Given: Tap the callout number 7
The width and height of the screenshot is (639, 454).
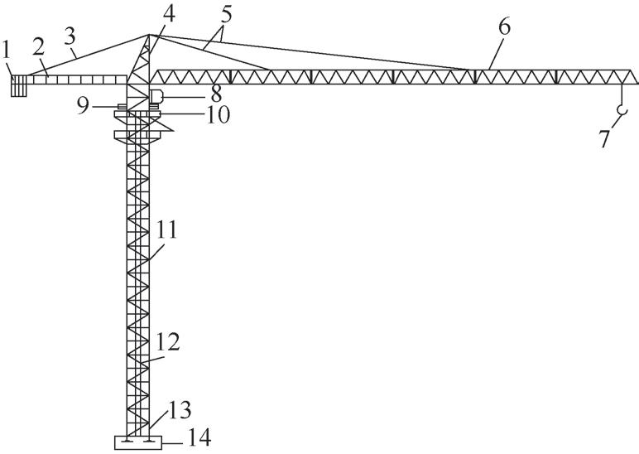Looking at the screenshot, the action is (605, 136).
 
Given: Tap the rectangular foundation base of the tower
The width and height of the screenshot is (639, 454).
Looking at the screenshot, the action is (137, 442).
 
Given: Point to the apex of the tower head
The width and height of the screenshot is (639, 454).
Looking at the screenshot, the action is (147, 34).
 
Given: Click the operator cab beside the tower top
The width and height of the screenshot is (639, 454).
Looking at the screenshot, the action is (156, 96).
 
